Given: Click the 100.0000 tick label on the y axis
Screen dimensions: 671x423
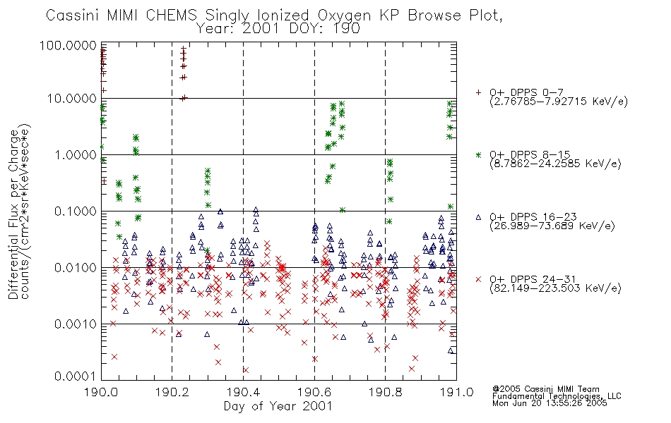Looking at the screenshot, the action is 68,45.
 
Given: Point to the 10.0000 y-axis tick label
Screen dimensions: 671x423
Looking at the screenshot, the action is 72,99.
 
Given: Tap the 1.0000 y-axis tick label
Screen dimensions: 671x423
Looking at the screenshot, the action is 76,154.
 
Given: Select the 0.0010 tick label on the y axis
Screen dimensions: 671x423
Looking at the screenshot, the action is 76,324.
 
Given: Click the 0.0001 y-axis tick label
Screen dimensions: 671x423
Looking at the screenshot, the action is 76,376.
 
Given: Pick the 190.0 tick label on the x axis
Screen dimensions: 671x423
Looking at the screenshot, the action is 101,392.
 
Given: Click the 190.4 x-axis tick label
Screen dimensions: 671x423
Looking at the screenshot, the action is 243,392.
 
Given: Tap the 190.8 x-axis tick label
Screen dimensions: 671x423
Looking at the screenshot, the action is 385,392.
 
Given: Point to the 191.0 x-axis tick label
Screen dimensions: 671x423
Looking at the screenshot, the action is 456,392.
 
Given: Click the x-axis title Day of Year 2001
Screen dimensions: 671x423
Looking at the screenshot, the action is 278,406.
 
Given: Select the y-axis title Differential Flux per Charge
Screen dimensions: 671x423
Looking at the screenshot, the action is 13,214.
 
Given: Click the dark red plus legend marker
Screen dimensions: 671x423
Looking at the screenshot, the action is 478,92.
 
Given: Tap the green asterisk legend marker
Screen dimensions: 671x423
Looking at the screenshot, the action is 478,154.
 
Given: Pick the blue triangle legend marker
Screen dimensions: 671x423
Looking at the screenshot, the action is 478,217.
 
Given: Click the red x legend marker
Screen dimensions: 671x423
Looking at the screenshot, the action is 478,279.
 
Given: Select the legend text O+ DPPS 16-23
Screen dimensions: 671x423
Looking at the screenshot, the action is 533,217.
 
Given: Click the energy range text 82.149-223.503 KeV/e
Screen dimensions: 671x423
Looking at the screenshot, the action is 555,288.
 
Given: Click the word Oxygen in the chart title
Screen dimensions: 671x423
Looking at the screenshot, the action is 344,16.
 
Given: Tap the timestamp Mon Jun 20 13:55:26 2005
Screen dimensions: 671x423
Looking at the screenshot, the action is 550,403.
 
